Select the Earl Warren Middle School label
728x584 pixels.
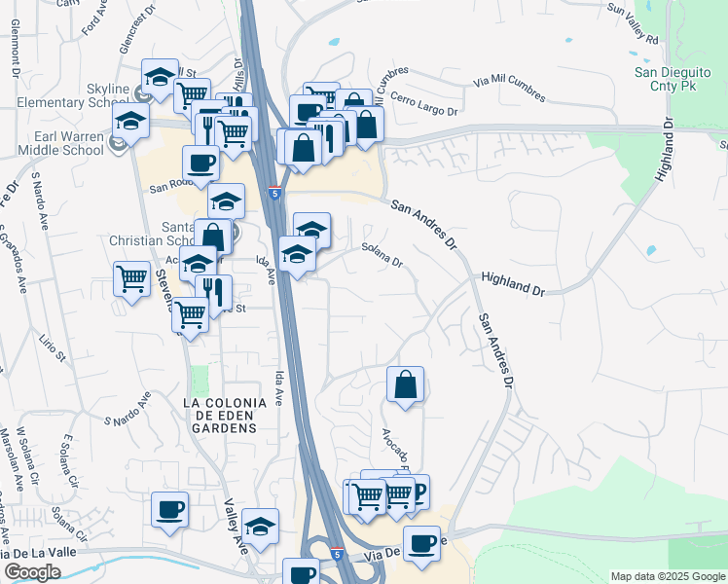coord(68,143)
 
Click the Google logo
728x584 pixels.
coord(32,572)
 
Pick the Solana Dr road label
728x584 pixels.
coord(382,257)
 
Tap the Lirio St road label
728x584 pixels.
coord(53,345)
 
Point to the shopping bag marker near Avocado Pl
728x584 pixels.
coord(406,384)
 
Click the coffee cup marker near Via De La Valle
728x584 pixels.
coord(421,543)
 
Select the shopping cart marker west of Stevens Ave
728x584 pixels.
coord(132,279)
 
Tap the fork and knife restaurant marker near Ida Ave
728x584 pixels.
coord(213,291)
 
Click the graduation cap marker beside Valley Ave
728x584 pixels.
coord(260,527)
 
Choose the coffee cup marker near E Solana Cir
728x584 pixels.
coord(170,510)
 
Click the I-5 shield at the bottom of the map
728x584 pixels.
coord(336,554)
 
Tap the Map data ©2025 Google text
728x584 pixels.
coord(668,576)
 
